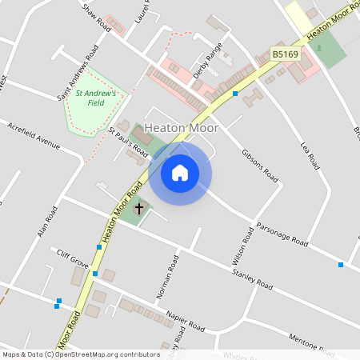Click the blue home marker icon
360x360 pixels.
click(x=180, y=172)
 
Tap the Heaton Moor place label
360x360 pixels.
click(x=182, y=127)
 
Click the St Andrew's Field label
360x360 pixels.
click(x=96, y=98)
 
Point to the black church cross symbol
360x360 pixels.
click(x=139, y=208)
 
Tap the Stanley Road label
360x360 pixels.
click(x=253, y=280)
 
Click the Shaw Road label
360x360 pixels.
click(x=96, y=15)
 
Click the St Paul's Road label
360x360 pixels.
click(x=128, y=141)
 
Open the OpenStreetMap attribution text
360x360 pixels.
click(x=81, y=354)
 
